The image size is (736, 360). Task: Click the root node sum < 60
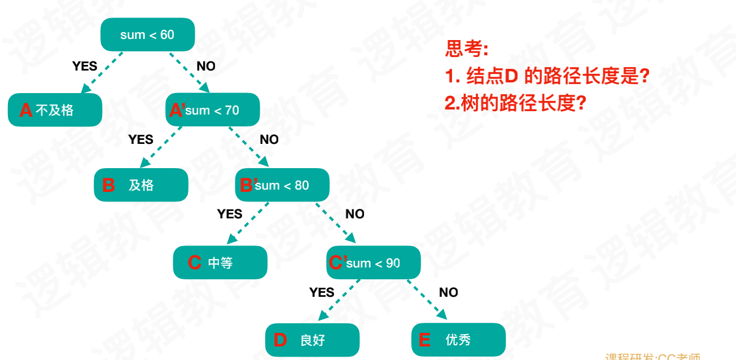coord(147,34)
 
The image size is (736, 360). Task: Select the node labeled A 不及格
coord(55,110)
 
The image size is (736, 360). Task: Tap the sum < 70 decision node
coord(213,110)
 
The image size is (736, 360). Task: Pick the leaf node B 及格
coord(141,185)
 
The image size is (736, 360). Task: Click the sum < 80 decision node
coord(282,185)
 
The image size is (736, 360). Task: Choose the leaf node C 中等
coord(220,262)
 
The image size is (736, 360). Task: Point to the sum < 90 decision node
coord(374,263)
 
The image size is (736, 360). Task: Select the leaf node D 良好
coord(312,340)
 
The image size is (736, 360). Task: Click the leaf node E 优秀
coord(458,340)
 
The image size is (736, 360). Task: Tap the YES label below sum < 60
coord(85,66)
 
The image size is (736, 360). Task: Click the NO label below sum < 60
coord(206,66)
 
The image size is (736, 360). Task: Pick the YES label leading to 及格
coord(141,139)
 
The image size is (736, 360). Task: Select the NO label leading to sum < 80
coord(269,139)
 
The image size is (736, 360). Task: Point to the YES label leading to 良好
coord(322,292)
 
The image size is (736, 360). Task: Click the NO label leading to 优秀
coord(449,292)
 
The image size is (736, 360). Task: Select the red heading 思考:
coord(466,50)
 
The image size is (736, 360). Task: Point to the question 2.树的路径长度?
coord(515,103)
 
